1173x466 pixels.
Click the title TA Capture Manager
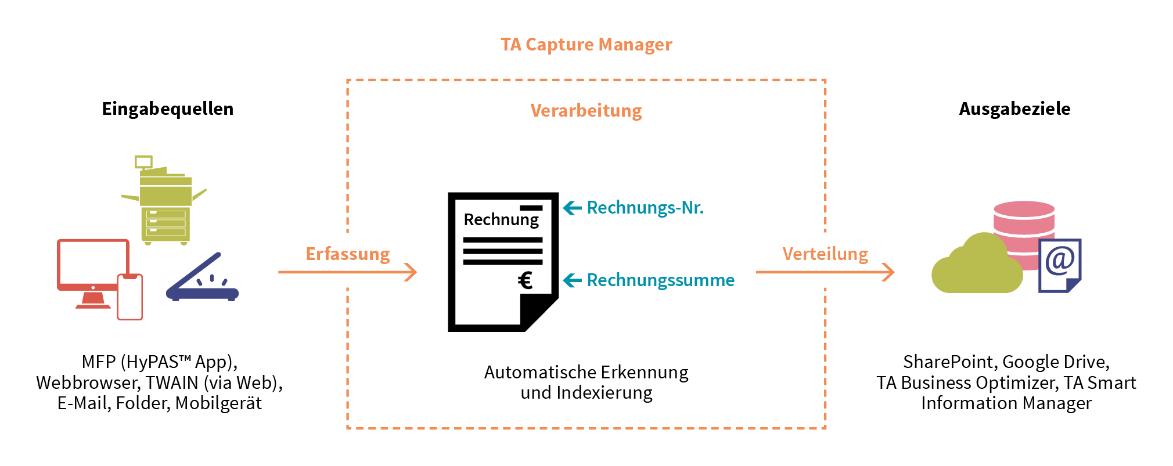click(586, 45)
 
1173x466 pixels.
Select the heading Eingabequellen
click(167, 109)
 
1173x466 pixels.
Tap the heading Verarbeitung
click(586, 110)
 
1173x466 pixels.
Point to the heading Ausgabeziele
click(1014, 109)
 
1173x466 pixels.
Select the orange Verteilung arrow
click(825, 272)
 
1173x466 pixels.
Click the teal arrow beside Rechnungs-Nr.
click(573, 208)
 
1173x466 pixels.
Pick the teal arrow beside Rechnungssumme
click(573, 280)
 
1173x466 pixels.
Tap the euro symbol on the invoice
click(525, 280)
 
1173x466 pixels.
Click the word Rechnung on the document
click(501, 220)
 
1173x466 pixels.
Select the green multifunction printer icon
click(165, 203)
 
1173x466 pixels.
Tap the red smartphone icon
click(130, 297)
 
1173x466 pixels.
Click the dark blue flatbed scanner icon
click(203, 279)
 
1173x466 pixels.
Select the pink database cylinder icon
click(1024, 221)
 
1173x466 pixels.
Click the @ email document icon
click(1060, 265)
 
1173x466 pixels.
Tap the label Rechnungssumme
click(660, 280)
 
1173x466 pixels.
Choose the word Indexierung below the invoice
click(604, 393)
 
